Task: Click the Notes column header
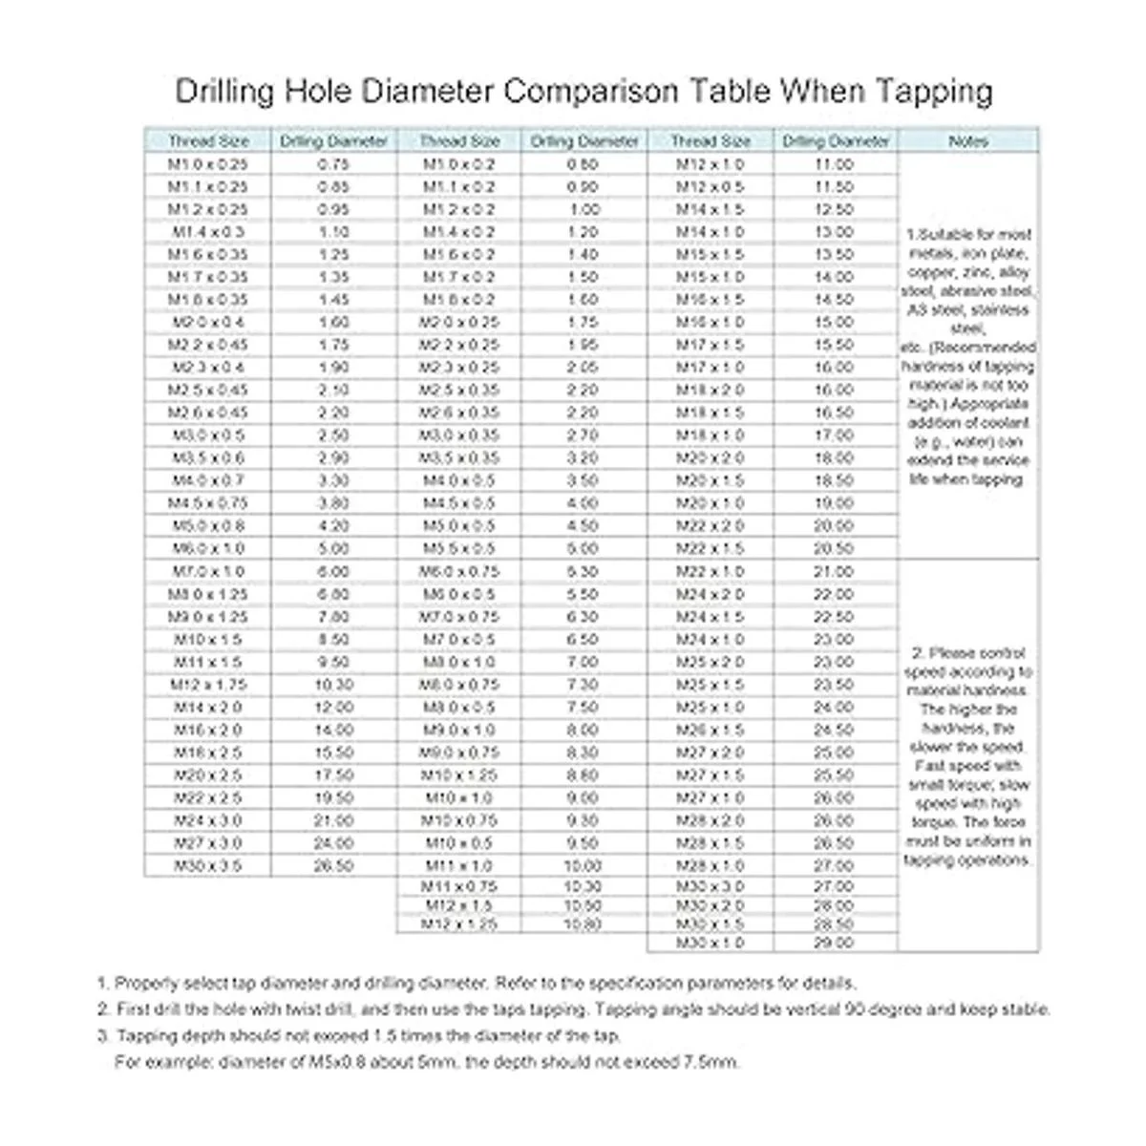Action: tap(968, 141)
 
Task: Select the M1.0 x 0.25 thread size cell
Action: tap(208, 164)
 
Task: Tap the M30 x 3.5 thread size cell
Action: tap(208, 866)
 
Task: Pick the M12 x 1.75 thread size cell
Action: tap(208, 685)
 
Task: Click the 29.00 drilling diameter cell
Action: tap(834, 943)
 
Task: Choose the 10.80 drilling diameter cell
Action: tap(583, 923)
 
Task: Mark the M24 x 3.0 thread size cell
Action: tap(208, 820)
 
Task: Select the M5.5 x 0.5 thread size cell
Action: tap(459, 549)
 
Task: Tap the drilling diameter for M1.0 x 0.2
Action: tap(583, 164)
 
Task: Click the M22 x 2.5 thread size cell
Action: tap(208, 797)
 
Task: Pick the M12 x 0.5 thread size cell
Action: tap(711, 187)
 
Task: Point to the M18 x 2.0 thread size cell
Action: tap(711, 391)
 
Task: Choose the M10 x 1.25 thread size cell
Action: tap(459, 775)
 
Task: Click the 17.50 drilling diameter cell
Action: tap(333, 775)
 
